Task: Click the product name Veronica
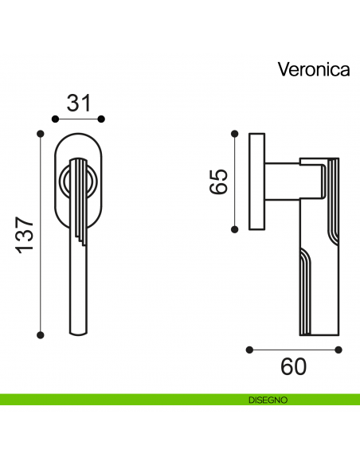[314, 69]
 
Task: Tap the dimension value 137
[25, 236]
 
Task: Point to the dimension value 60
[294, 366]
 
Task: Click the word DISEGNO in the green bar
[268, 399]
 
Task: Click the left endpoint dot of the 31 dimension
[55, 119]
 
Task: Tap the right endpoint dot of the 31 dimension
[102, 119]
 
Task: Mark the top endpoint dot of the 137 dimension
[41, 131]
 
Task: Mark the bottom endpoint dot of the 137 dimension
[41, 334]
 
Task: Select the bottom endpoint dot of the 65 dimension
[234, 229]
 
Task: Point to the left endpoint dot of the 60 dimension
[249, 349]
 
